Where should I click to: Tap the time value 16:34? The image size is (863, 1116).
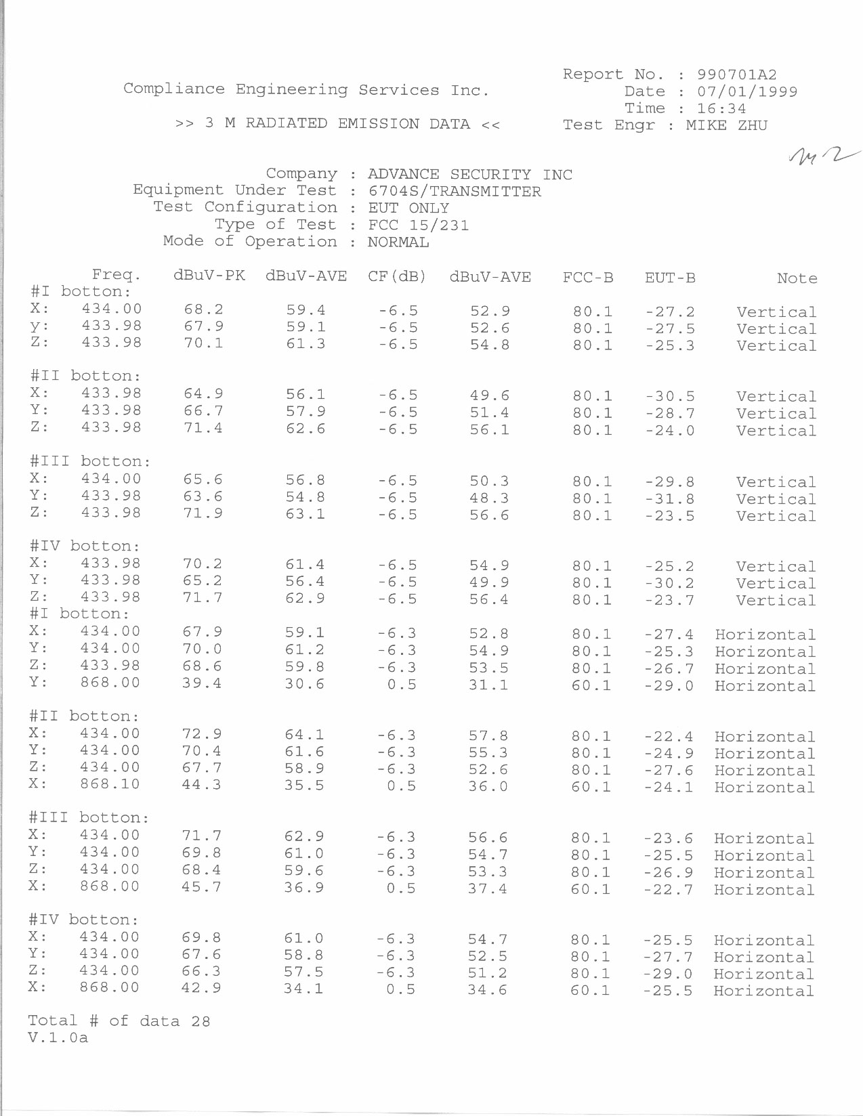pyautogui.click(x=721, y=108)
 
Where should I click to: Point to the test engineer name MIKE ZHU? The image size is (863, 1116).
pyautogui.click(x=726, y=125)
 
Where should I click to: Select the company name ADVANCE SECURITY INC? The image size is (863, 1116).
pyautogui.click(x=470, y=175)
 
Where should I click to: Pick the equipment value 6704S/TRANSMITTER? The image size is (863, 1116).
pyautogui.click(x=455, y=192)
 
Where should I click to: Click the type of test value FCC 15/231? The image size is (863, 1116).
pyautogui.click(x=418, y=225)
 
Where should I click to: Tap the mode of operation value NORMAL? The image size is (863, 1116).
pyautogui.click(x=398, y=242)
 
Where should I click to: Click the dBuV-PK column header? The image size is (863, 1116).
pyautogui.click(x=209, y=276)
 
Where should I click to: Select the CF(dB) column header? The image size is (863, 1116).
pyautogui.click(x=397, y=276)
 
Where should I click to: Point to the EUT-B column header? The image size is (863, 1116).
pyautogui.click(x=670, y=278)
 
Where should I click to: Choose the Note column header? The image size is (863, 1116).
pyautogui.click(x=797, y=278)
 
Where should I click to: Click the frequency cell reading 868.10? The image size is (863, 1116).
pyautogui.click(x=110, y=784)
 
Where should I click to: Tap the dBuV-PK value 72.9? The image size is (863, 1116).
pyautogui.click(x=202, y=734)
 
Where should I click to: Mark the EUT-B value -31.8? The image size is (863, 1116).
pyautogui.click(x=669, y=499)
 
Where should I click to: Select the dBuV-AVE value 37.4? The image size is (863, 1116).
pyautogui.click(x=487, y=888)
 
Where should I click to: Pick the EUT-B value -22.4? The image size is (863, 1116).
pyautogui.click(x=668, y=736)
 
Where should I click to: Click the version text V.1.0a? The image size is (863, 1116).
pyautogui.click(x=58, y=1037)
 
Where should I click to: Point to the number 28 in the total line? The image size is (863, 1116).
pyautogui.click(x=201, y=1021)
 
